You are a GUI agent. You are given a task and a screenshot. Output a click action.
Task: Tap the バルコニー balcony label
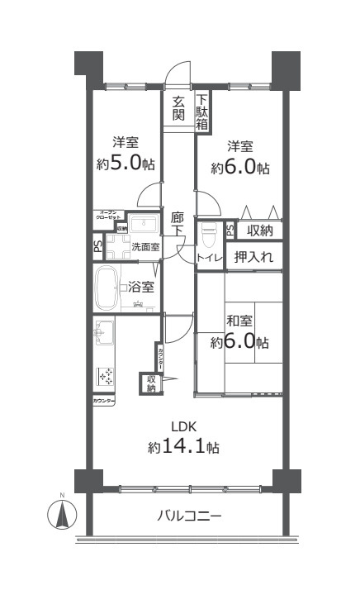coord(189,516)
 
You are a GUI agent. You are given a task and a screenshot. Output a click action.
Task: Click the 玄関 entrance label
coord(178,108)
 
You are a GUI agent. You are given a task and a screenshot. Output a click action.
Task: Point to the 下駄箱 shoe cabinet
coord(201,112)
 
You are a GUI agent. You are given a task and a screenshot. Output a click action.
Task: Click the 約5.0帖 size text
coord(125,163)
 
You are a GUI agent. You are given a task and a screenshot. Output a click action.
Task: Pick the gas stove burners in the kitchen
coord(106,377)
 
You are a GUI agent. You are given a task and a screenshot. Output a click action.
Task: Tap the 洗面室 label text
coord(145,247)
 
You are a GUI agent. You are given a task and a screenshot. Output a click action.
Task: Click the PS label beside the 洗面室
coord(97,247)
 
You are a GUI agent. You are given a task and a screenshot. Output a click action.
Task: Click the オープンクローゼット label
coord(111,216)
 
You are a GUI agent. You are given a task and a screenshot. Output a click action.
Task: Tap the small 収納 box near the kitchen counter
coord(151,383)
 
